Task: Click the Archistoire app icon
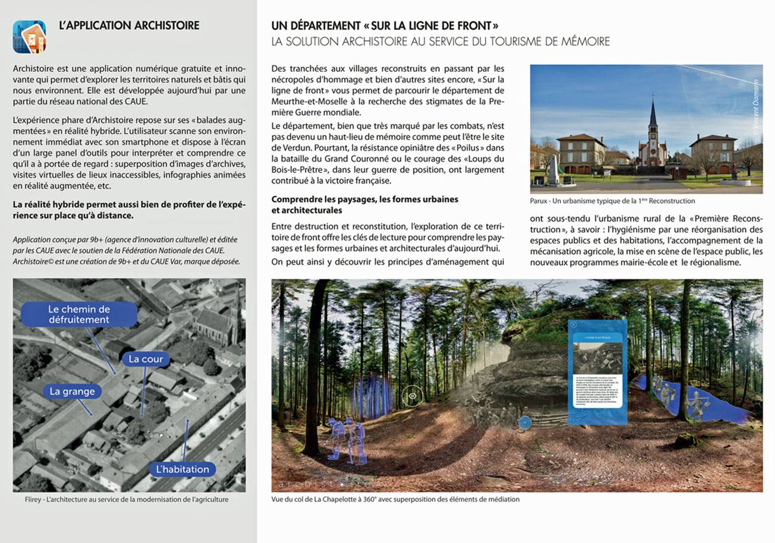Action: click(29, 36)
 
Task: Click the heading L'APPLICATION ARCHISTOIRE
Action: click(129, 26)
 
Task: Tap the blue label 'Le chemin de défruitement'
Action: click(79, 314)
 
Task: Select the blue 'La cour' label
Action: click(146, 359)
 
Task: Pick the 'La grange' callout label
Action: click(72, 391)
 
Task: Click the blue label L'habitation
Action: click(182, 469)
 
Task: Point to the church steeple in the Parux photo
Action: click(653, 116)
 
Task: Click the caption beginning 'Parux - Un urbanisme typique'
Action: click(612, 201)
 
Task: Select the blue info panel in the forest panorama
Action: click(597, 372)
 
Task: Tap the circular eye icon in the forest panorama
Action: click(412, 396)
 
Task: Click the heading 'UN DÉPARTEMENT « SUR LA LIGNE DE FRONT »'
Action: click(385, 26)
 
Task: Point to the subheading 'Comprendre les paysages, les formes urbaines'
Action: click(364, 199)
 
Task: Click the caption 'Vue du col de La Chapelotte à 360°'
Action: click(395, 499)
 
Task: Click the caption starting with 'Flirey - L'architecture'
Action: click(127, 499)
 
